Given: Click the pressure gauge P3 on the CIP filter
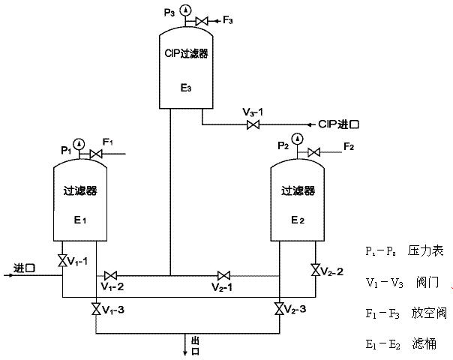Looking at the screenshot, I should coord(185,10).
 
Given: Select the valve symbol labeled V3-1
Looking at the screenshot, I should coord(253,124).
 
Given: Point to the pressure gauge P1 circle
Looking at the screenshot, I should coord(78,142).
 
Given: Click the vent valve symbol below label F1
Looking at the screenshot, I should coord(94,154).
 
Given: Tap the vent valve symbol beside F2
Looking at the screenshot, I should coord(313,154).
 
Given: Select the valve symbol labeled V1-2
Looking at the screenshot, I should coord(111,275).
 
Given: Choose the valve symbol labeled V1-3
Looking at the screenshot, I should coord(96,308).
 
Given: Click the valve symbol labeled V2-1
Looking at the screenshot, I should coord(223,275).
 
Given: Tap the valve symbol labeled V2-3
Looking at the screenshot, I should coord(279,308).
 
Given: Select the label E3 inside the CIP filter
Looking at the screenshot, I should coord(186,88).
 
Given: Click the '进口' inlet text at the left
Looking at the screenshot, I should coord(25,268).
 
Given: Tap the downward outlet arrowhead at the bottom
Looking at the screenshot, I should coord(187,350).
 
